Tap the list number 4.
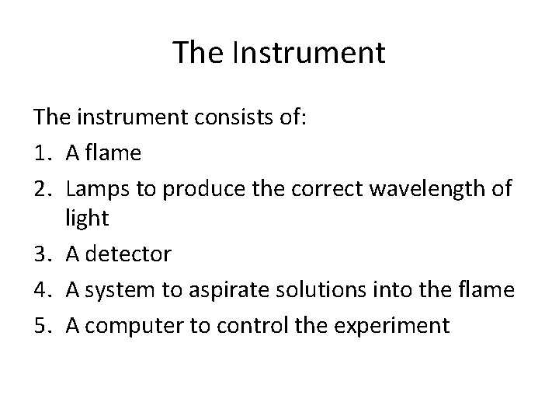tap(42, 290)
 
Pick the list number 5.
tap(42, 324)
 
